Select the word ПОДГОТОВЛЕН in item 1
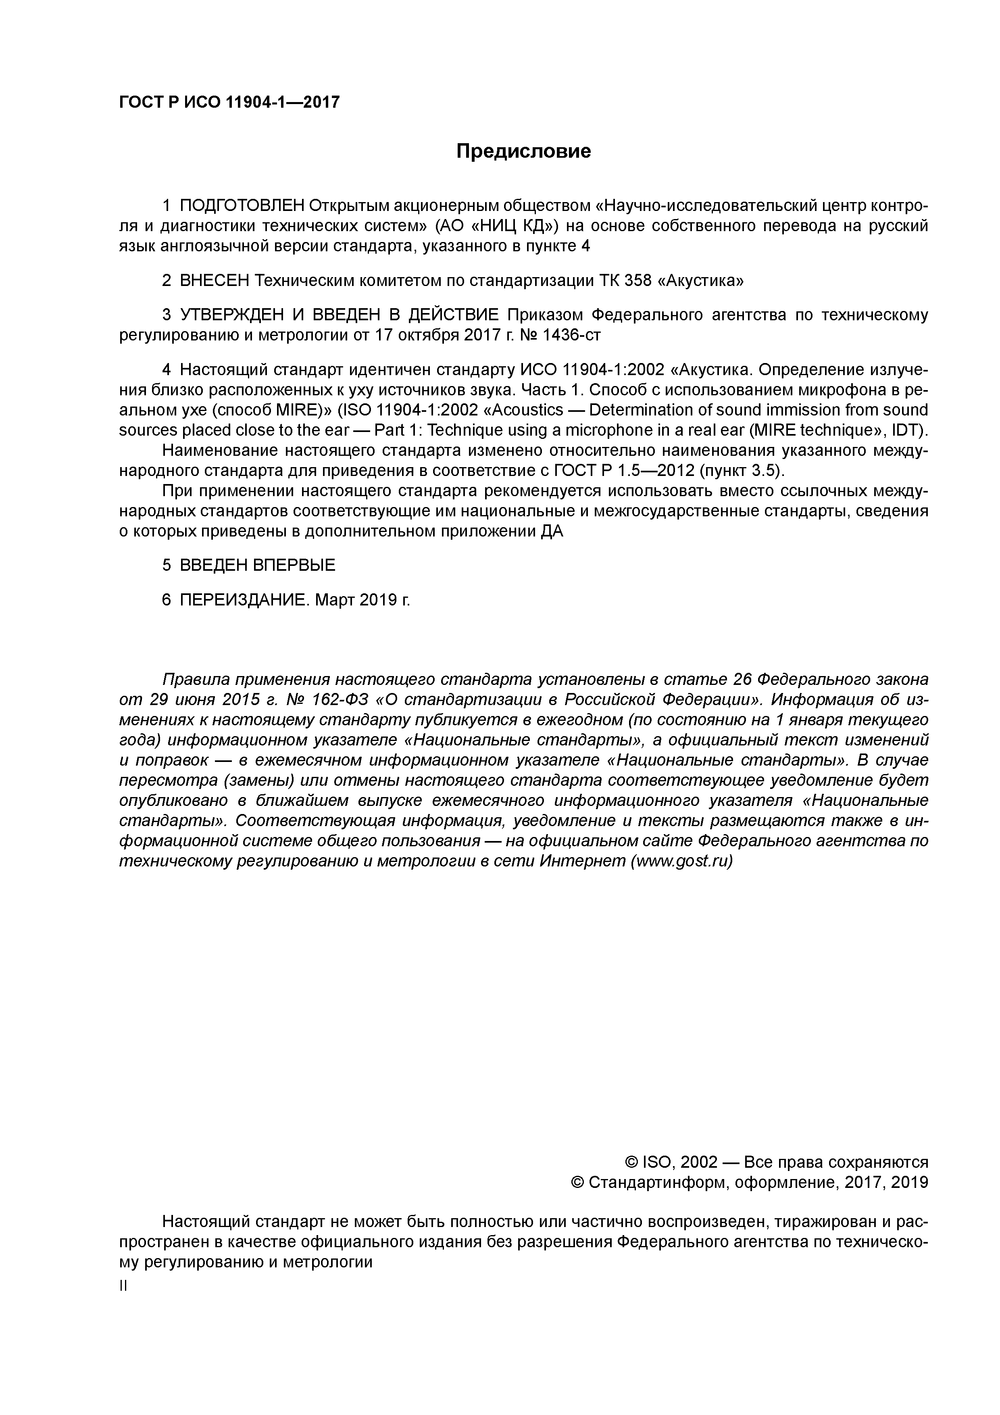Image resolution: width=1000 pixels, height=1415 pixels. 242,205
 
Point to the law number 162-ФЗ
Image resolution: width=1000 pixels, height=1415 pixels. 337,700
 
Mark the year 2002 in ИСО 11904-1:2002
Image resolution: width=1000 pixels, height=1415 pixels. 643,370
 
